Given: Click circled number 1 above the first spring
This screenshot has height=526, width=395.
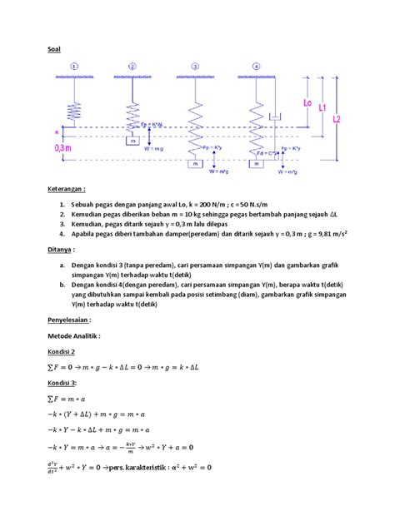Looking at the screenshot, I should [x=76, y=67].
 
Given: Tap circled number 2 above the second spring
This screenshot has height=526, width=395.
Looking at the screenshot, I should [x=132, y=67].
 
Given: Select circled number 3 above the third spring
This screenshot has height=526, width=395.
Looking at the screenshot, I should [x=195, y=67].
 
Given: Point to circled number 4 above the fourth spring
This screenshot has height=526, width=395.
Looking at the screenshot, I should [x=256, y=67].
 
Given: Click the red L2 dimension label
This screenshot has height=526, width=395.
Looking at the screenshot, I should [x=337, y=119].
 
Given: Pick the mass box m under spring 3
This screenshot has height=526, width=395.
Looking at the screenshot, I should [x=195, y=164].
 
